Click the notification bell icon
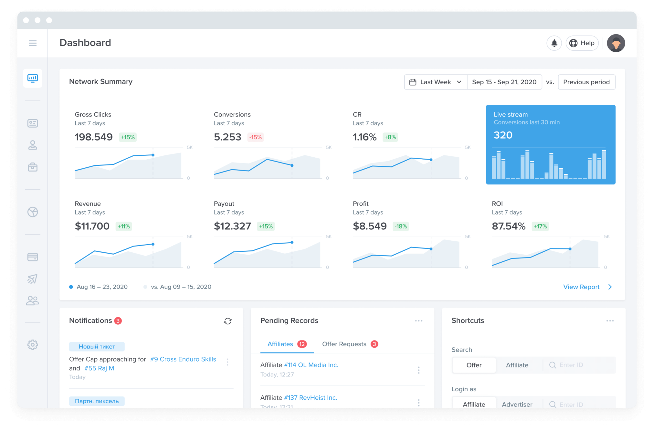(554, 43)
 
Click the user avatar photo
(616, 43)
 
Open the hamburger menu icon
(33, 43)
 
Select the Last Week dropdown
(435, 82)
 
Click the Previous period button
(586, 82)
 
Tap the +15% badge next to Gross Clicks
(128, 137)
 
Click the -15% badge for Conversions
(255, 137)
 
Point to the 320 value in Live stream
(503, 135)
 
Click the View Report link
(581, 287)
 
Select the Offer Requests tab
(344, 344)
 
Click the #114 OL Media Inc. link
(311, 365)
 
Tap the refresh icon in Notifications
(228, 321)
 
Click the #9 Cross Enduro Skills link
(183, 359)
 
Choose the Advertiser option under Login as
(517, 404)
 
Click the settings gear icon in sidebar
(33, 345)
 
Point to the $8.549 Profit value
(370, 226)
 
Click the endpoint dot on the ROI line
(570, 249)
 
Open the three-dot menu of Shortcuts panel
(610, 321)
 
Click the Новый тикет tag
(97, 346)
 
